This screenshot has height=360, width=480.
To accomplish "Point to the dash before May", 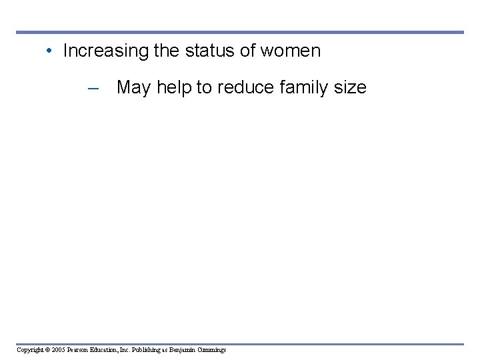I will [93, 87].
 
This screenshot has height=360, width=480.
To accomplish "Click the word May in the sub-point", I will [133, 87].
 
